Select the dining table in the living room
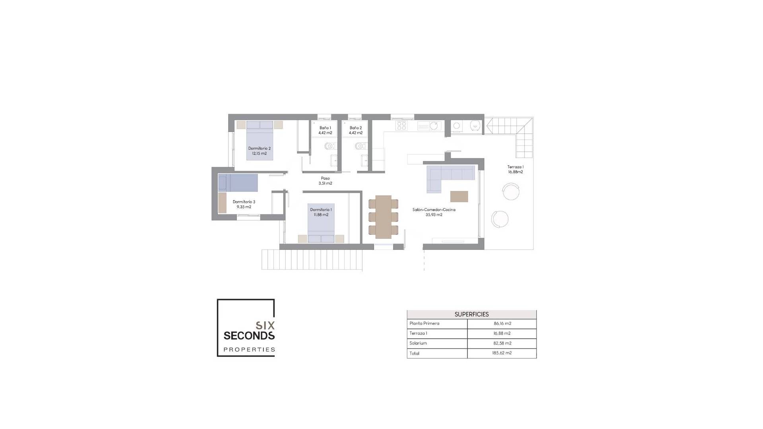click(x=383, y=216)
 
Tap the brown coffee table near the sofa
click(x=459, y=196)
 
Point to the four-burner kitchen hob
click(x=402, y=126)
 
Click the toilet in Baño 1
click(x=329, y=146)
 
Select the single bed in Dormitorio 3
click(x=238, y=183)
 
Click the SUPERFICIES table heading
click(x=471, y=314)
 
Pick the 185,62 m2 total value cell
click(x=502, y=353)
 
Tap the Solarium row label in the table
click(x=418, y=343)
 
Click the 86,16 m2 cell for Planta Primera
click(x=502, y=324)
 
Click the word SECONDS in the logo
click(x=249, y=336)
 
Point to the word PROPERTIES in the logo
click(x=249, y=350)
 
